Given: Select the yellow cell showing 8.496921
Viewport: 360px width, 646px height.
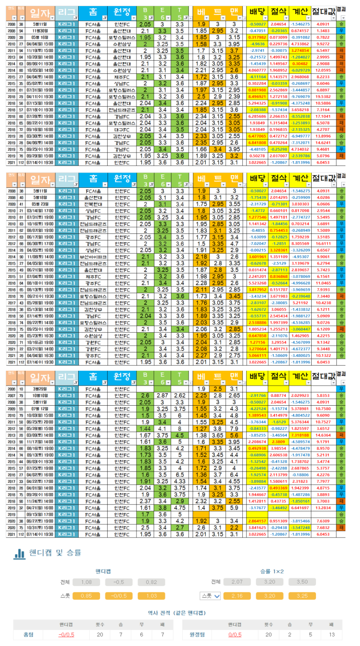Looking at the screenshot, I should (257, 97).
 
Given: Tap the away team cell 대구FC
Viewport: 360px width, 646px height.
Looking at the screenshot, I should (122, 130).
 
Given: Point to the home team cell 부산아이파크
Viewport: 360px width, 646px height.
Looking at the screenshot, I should (93, 257).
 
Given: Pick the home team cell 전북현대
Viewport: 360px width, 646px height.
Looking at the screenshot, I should (93, 204).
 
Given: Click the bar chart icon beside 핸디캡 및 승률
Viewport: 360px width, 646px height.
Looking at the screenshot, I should (20, 554).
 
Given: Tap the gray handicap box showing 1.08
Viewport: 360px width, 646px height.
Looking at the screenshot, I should (86, 582).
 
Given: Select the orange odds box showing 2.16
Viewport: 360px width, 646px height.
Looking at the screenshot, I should (237, 596).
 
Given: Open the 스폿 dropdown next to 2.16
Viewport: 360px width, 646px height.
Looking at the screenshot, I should (210, 596).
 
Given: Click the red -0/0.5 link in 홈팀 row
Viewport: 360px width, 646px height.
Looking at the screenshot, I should (66, 634).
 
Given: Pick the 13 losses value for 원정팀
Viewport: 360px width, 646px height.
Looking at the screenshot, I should (332, 634).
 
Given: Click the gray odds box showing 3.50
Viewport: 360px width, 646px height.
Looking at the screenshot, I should (302, 582).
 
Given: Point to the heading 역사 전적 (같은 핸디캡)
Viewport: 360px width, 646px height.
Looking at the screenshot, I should (177, 613).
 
